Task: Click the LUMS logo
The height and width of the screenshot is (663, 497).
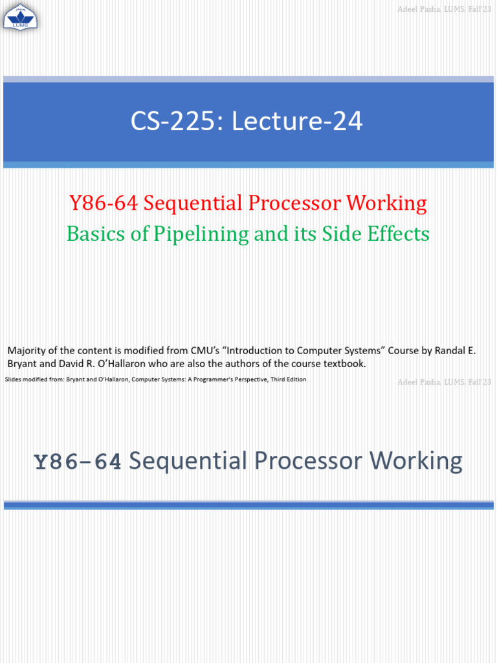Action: point(21,16)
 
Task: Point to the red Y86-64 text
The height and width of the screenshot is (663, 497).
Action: point(103,203)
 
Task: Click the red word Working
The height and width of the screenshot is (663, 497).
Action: point(387,203)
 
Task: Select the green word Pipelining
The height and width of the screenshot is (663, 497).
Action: point(198,233)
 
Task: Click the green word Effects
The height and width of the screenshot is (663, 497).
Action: point(397,233)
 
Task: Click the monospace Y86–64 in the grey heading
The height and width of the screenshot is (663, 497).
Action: point(78,462)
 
